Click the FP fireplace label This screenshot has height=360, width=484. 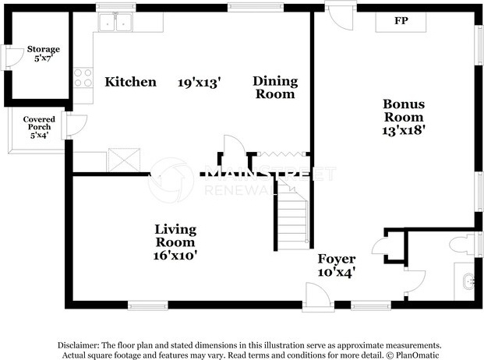(401, 21)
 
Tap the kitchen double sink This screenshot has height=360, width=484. (115, 23)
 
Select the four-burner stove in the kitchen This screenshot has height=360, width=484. (83, 77)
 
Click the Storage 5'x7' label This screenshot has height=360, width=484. (43, 53)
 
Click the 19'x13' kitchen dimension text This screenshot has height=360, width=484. (200, 83)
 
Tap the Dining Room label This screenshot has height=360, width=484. (275, 87)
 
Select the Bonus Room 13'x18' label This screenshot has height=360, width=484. (404, 117)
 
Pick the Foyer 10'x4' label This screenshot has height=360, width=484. (337, 265)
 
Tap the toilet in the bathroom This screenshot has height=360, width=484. (461, 245)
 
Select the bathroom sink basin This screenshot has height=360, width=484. (468, 281)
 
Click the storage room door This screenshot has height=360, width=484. (14, 58)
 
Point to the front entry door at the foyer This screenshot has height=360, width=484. (318, 295)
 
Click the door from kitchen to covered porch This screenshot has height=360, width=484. (75, 125)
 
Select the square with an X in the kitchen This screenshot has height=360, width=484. (123, 160)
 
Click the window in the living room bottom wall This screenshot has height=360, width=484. (148, 305)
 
